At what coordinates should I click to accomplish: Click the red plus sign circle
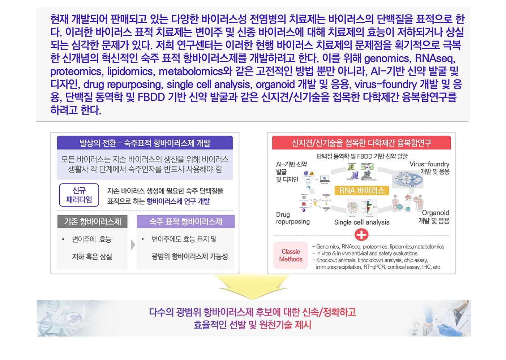pos(361,235)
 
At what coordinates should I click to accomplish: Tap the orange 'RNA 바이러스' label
pos(361,191)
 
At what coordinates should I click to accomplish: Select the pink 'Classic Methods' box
pos(291,255)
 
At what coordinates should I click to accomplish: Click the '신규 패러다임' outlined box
pos(79,195)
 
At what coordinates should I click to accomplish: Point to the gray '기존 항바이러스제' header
pos(93,222)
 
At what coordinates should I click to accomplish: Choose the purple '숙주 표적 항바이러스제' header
pos(186,222)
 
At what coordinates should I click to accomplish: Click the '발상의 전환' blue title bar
pos(145,143)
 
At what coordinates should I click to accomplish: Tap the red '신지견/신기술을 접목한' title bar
pos(361,143)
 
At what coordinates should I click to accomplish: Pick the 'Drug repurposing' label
pos(293,218)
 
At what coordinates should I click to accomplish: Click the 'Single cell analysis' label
pos(362,222)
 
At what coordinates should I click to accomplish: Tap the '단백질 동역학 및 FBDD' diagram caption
pos(362,156)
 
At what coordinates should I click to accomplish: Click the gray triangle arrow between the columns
pos(133,245)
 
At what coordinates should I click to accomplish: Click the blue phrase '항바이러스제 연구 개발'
pos(178,201)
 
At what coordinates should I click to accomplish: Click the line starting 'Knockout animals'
pos(372,260)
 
